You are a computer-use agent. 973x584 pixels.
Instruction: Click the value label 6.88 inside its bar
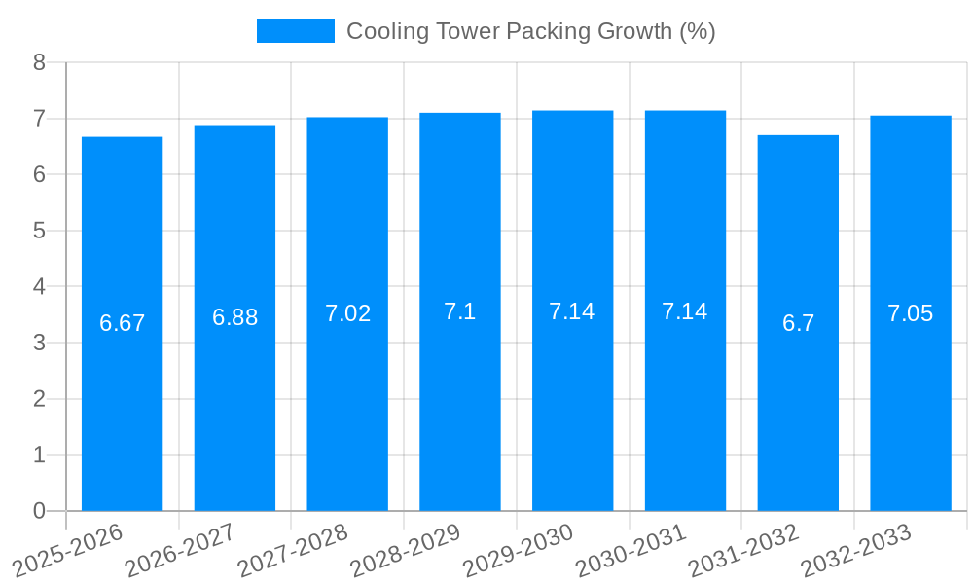tap(234, 317)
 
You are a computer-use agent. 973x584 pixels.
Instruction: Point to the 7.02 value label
tap(347, 313)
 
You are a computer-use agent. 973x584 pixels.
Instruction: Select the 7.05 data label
tap(910, 313)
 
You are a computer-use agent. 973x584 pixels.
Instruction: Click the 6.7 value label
tap(798, 323)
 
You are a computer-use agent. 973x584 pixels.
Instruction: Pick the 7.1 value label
tap(460, 311)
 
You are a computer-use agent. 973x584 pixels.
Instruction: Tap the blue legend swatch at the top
tap(295, 31)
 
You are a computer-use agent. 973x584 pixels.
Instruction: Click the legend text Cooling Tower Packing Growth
tap(530, 31)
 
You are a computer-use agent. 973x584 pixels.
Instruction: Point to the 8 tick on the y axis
tap(40, 62)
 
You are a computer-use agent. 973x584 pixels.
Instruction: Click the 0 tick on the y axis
tap(40, 511)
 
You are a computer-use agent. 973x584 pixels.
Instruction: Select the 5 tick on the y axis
tap(40, 231)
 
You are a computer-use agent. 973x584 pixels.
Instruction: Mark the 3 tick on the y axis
tap(40, 343)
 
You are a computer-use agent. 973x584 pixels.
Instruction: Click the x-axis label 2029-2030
tap(519, 551)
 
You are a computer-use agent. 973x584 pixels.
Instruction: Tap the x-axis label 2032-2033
tap(856, 551)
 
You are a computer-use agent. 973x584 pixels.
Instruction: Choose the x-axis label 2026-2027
tap(181, 551)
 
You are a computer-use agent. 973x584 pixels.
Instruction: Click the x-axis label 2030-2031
tap(631, 551)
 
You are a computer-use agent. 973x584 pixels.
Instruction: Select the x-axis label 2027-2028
tap(294, 551)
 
